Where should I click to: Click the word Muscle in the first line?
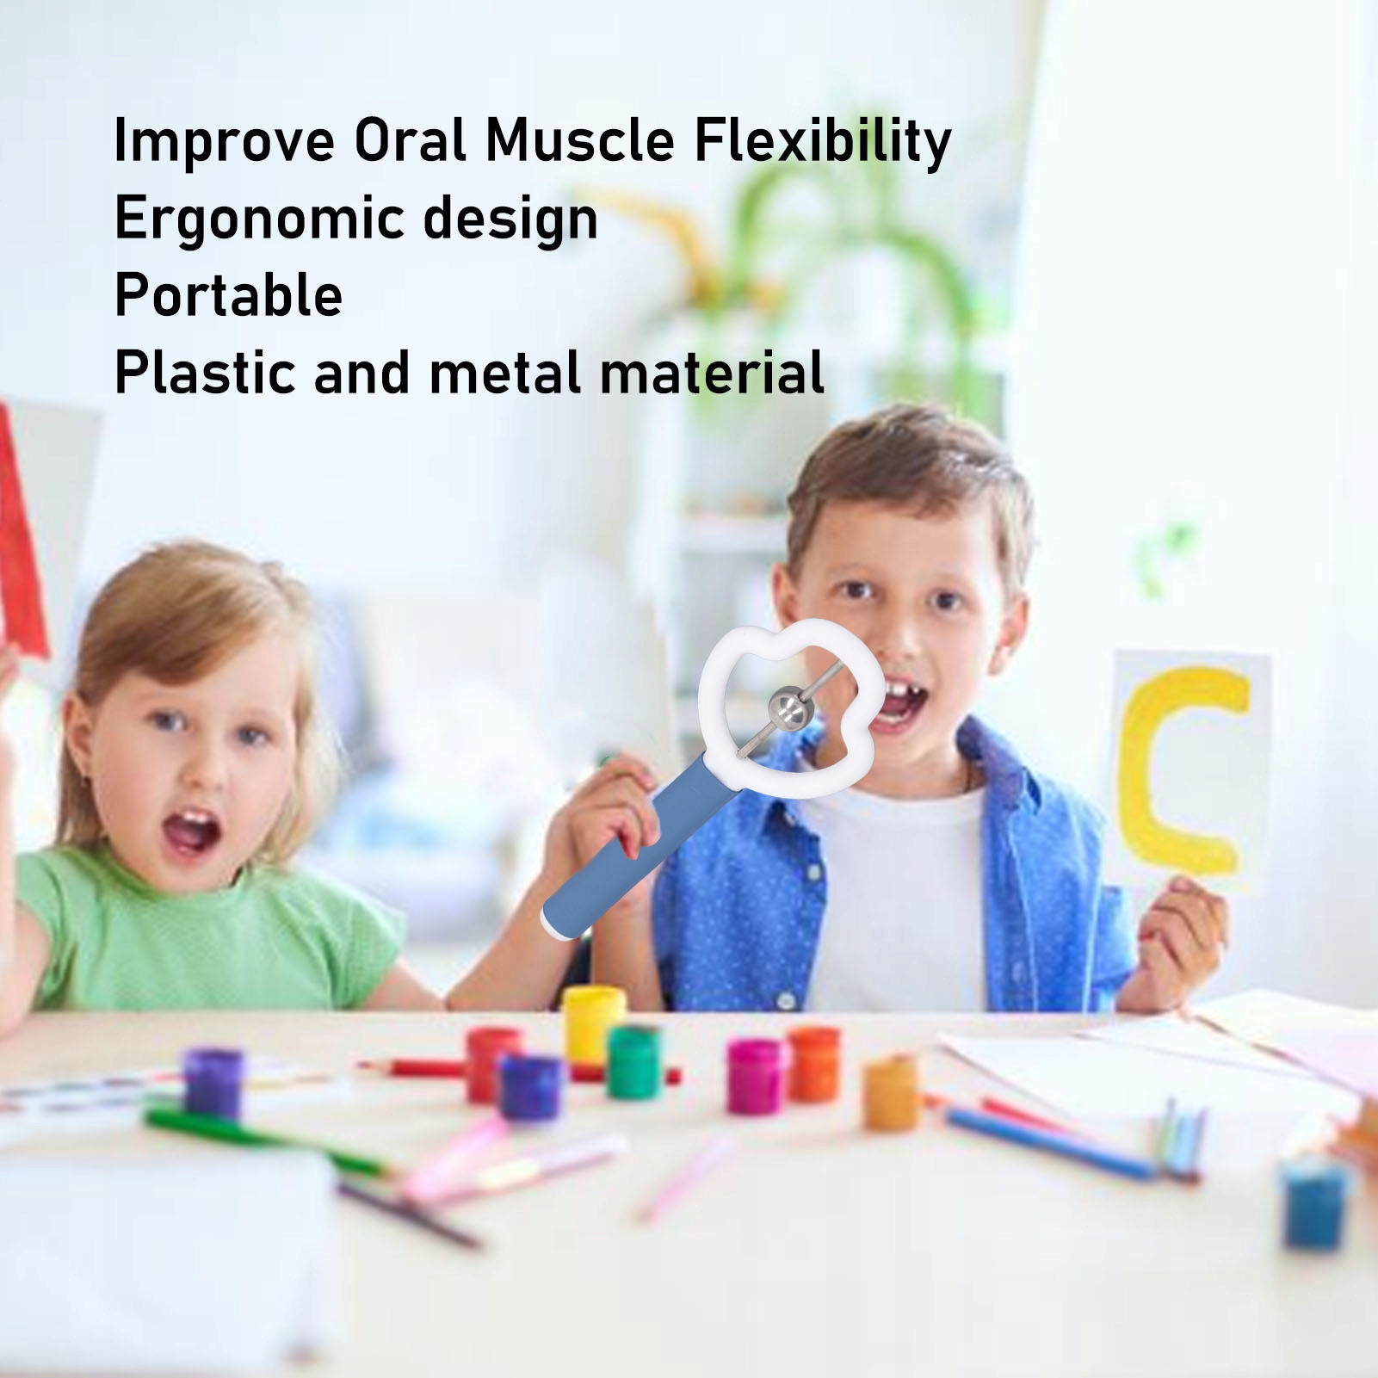click(580, 140)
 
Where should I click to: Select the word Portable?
click(229, 295)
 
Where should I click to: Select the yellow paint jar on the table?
click(594, 1025)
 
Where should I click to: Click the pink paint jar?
click(754, 1076)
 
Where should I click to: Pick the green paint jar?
click(634, 1062)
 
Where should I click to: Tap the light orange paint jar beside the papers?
click(892, 1094)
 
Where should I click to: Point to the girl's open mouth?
click(192, 832)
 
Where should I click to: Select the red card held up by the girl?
click(19, 534)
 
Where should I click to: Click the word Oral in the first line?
click(410, 140)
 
